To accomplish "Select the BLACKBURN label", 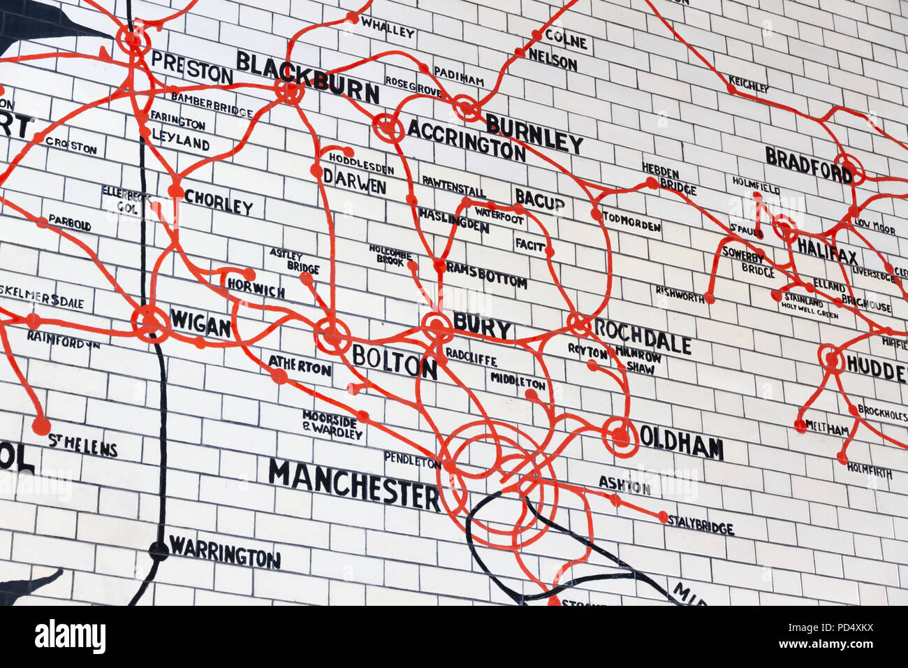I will [x=307, y=77].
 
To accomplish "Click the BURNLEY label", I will [x=534, y=133].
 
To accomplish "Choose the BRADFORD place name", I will [x=809, y=164].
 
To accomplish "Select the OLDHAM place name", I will [x=681, y=442].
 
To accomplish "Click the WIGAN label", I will [x=200, y=324].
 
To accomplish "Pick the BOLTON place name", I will [x=394, y=361].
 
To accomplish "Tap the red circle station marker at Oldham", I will [x=620, y=436].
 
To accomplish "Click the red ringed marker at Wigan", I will [x=150, y=323].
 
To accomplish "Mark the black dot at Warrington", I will [x=159, y=551].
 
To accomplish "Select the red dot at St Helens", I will [x=41, y=425].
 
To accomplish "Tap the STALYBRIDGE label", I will [x=701, y=525].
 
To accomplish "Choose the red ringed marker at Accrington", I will [x=388, y=128].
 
